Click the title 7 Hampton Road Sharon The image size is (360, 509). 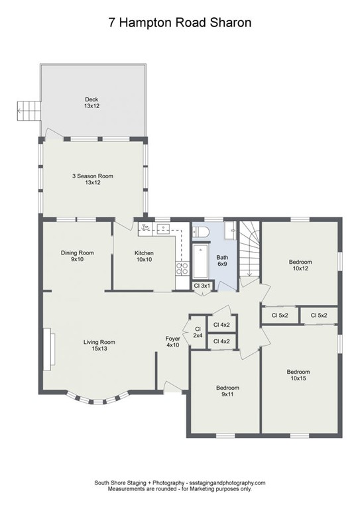[x=180, y=23]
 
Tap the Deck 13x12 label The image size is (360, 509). [x=91, y=103]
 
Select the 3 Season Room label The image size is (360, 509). [x=93, y=179]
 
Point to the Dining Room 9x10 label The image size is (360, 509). [x=78, y=256]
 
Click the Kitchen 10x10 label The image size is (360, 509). [x=144, y=256]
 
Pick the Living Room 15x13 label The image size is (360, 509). [x=99, y=345]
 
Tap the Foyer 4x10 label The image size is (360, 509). [x=172, y=342]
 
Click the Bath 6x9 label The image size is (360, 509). [x=222, y=260]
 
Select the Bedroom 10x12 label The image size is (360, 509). [x=300, y=265]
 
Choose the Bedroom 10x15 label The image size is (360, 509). [x=298, y=375]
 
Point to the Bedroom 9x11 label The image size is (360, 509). [x=227, y=391]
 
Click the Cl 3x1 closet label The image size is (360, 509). [x=202, y=286]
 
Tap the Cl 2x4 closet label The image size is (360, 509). [x=198, y=332]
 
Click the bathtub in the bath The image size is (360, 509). [x=200, y=261]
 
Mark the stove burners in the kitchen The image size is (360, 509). [x=182, y=268]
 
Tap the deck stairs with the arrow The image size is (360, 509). [x=29, y=111]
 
